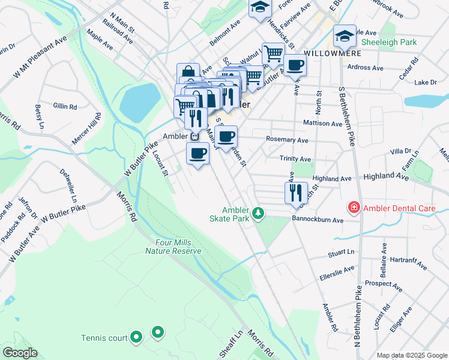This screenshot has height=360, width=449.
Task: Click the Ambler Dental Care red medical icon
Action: point(354,208)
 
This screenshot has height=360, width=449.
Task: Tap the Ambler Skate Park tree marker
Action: point(258,213)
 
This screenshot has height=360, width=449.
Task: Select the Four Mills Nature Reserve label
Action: point(173,246)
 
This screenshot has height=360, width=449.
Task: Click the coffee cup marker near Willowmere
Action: point(295,65)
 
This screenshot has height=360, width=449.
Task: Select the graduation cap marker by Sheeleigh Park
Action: point(345,37)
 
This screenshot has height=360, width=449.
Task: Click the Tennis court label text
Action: point(104,338)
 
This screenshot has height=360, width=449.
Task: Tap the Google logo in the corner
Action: point(20,353)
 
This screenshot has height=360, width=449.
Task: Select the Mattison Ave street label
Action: point(323,124)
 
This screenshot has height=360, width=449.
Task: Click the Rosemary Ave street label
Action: point(287,140)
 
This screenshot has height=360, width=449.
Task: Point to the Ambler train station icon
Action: point(194,136)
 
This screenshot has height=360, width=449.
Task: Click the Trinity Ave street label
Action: point(295,160)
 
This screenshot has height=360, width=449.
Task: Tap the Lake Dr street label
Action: point(426,82)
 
